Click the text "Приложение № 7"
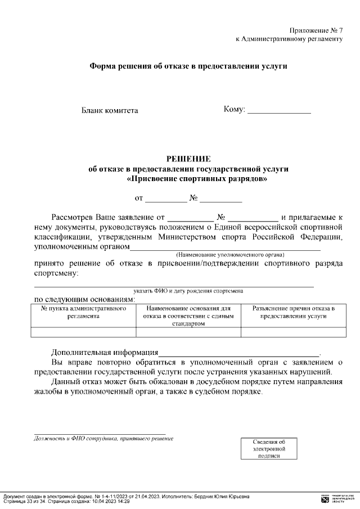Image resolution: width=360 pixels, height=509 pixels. tap(316, 30)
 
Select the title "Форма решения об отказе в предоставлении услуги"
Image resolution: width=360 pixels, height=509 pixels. tap(189, 66)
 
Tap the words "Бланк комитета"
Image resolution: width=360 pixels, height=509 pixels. tap(110, 110)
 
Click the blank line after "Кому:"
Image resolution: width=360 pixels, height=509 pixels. tap(280, 110)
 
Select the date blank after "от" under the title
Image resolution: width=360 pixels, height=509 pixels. tap(166, 199)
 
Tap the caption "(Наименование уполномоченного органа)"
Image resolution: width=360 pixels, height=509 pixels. tap(230, 254)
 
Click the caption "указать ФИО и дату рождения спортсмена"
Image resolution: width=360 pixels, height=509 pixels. tap(188, 291)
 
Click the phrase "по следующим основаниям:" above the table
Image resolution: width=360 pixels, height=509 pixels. tap(84, 299)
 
